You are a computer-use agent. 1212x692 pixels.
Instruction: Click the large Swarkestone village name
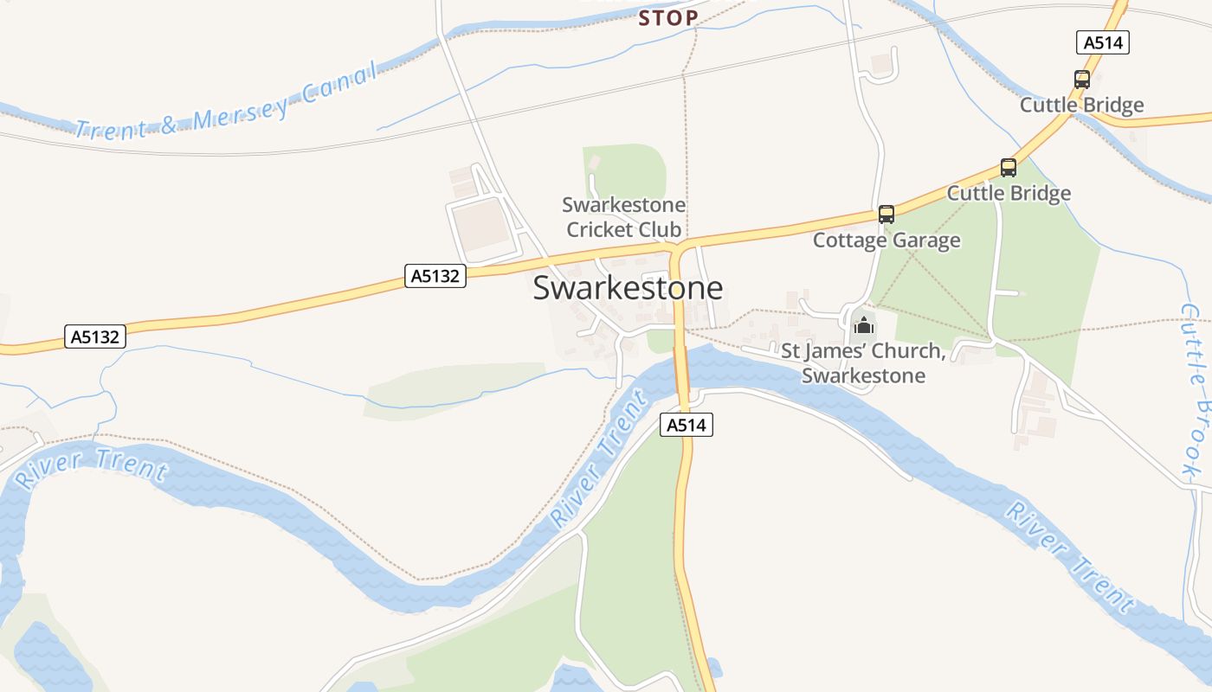click(628, 288)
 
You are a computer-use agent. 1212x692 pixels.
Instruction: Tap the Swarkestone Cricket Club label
click(623, 217)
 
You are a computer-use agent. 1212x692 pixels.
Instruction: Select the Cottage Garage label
click(886, 240)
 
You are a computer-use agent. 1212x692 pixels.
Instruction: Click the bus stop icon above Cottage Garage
click(886, 214)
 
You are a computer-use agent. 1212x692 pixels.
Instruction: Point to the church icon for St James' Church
click(864, 326)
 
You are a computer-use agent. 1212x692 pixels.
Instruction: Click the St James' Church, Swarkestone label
click(862, 363)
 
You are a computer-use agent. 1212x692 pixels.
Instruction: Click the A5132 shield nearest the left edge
click(95, 336)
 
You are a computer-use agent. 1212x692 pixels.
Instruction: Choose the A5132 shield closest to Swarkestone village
click(435, 276)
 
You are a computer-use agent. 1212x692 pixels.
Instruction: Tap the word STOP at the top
click(668, 17)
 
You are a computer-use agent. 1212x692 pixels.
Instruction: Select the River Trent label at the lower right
click(1070, 555)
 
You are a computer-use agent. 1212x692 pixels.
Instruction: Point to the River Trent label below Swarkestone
click(599, 459)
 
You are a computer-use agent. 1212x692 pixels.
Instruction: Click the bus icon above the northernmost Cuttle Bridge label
click(1081, 80)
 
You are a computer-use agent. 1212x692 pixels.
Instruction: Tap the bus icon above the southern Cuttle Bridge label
click(1008, 168)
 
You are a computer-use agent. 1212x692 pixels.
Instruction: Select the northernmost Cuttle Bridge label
click(1081, 106)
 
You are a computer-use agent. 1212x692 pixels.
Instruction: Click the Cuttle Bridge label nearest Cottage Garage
click(1009, 193)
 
